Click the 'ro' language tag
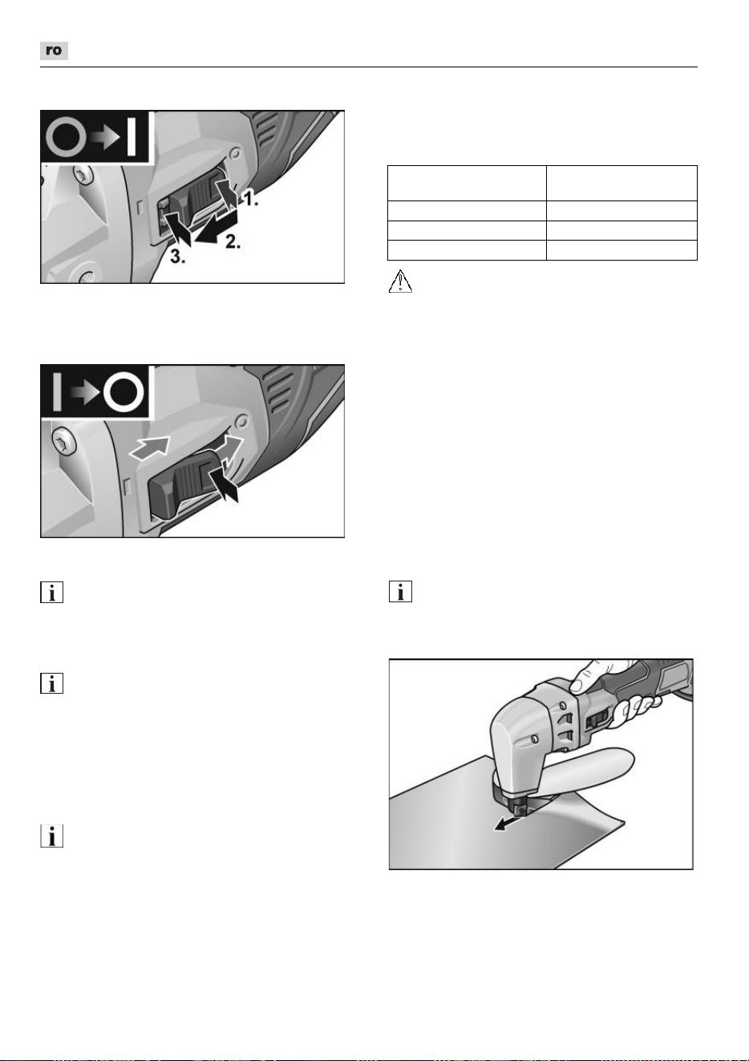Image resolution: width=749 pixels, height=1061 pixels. tap(54, 51)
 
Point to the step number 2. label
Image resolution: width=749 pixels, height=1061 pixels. tap(233, 241)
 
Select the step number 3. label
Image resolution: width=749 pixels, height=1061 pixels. tap(178, 257)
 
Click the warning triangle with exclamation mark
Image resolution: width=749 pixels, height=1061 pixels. tap(400, 281)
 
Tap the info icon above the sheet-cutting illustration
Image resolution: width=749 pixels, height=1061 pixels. tap(400, 592)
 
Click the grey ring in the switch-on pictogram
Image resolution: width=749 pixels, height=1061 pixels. tap(66, 137)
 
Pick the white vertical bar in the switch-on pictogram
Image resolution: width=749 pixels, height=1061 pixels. tap(132, 137)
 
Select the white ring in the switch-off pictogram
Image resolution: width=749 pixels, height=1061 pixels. tap(123, 392)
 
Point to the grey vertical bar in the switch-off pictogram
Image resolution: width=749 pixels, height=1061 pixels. tap(57, 391)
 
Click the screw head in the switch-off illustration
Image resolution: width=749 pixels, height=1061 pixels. tap(63, 440)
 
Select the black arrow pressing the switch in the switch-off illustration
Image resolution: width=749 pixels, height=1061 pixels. tap(224, 483)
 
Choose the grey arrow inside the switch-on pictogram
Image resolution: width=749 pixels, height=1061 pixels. tap(106, 137)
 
